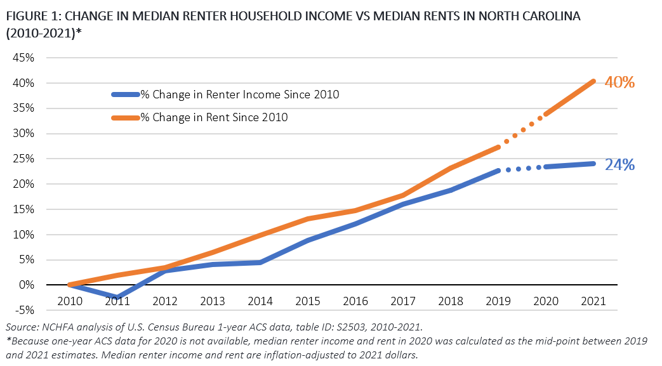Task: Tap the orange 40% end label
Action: (x=619, y=82)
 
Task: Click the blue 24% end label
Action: (x=619, y=165)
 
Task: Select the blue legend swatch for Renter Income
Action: (x=125, y=95)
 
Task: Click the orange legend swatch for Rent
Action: (x=125, y=117)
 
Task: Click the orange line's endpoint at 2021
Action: (x=594, y=81)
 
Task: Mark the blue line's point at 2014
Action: (x=261, y=262)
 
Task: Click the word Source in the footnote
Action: (x=20, y=327)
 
